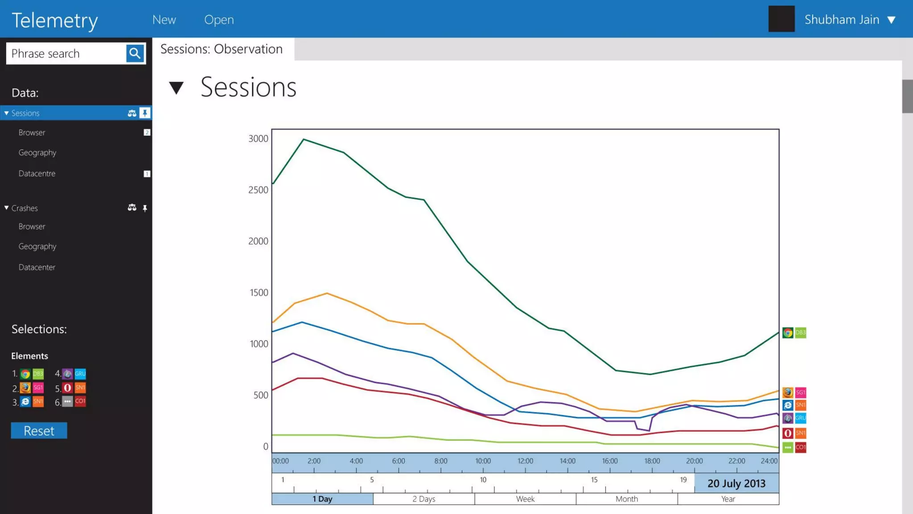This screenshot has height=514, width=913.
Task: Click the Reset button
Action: point(39,431)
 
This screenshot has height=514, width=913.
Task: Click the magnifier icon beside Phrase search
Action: point(135,54)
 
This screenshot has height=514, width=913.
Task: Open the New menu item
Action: point(164,20)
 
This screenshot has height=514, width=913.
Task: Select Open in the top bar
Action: point(219,20)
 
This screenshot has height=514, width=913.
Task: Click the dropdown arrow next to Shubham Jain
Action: point(891,20)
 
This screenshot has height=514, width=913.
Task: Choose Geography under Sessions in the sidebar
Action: point(37,153)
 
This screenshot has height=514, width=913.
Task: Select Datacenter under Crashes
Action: point(37,267)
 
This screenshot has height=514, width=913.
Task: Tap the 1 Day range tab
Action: point(322,499)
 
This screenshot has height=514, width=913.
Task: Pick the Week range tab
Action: point(525,499)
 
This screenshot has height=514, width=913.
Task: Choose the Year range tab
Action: point(728,499)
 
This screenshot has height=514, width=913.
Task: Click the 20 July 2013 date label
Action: point(736,483)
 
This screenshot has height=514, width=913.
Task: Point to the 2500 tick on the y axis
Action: point(258,190)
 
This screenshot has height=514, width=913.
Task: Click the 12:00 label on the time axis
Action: point(525,461)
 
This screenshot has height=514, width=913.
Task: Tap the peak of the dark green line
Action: point(304,139)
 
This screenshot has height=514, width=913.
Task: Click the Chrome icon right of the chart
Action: point(788,333)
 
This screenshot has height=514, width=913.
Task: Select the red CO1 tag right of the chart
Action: point(801,447)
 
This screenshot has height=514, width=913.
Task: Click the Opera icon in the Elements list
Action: point(67,388)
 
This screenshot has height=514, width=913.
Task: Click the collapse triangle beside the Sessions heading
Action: point(177,87)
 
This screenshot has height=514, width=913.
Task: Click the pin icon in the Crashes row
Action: point(145,208)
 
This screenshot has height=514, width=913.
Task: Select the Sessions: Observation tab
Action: point(222,49)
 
